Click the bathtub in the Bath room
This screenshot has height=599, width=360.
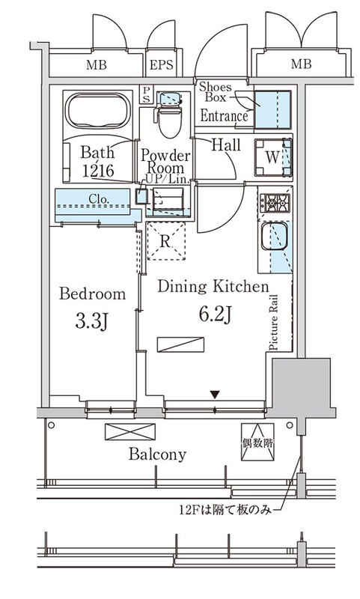coord(98,110)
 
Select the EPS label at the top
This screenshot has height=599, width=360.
coord(161,64)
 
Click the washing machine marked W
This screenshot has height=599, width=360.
coord(272,157)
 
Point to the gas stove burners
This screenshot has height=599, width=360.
coord(275,203)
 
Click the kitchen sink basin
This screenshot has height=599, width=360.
coord(274,236)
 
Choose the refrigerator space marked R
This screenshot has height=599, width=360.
coord(166,241)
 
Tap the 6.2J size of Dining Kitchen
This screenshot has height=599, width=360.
coord(216,314)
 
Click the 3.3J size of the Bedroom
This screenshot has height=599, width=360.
coord(92,320)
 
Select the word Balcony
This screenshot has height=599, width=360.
coord(157,454)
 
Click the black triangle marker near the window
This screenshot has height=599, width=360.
coord(216,395)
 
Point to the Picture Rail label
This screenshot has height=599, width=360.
coord(274,323)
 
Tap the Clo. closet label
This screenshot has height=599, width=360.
coord(99,198)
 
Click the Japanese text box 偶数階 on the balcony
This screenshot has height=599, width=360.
coord(257,442)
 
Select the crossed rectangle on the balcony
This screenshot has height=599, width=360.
coord(130,432)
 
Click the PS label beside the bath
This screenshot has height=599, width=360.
coord(147,94)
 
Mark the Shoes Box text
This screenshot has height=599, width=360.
coord(216,91)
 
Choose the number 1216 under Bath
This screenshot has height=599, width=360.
coord(98,171)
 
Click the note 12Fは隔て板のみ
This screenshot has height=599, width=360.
coord(225,510)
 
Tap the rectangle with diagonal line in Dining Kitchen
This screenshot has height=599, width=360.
coord(180,344)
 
